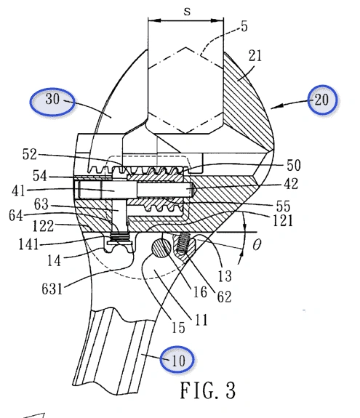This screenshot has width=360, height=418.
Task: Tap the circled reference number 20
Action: [x=321, y=100]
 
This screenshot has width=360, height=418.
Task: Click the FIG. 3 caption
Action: [x=208, y=390]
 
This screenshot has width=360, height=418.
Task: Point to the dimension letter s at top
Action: [x=188, y=12]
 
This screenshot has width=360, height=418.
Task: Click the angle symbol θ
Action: [x=256, y=244]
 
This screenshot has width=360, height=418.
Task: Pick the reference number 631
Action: [x=52, y=289]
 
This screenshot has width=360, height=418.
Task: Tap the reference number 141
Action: [x=28, y=244]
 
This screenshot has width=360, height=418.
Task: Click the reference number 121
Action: [x=283, y=220]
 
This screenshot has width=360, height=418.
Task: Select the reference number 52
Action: [x=29, y=154]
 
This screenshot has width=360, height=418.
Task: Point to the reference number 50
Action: [x=294, y=165]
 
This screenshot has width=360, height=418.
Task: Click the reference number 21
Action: [x=255, y=56]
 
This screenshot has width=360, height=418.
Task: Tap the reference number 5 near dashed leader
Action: [x=244, y=26]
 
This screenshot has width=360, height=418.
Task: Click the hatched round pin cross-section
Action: [x=161, y=248]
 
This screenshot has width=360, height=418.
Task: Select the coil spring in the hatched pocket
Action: [x=184, y=243]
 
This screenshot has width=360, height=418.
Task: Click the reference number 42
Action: [x=291, y=184]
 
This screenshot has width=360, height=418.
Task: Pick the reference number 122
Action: [x=43, y=226]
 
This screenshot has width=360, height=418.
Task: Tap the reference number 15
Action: [x=178, y=328]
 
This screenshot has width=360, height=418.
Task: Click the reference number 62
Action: [x=224, y=297]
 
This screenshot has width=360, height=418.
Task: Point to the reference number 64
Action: [x=16, y=215]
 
